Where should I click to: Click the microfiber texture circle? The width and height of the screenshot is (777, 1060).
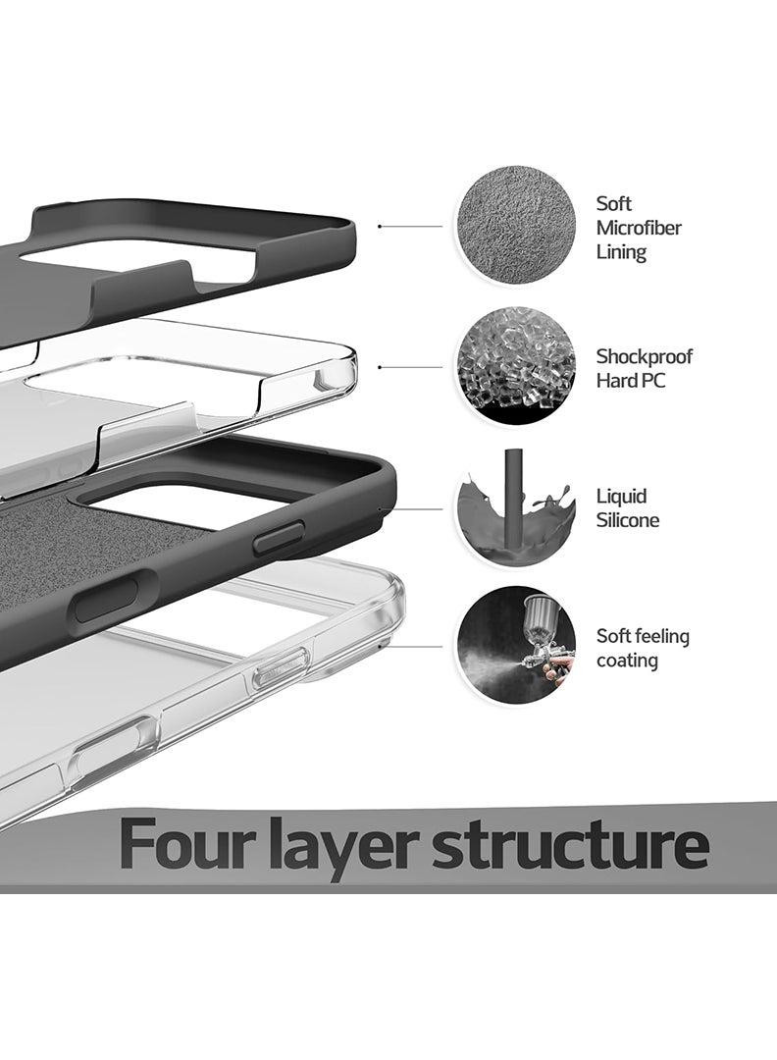(x=515, y=227)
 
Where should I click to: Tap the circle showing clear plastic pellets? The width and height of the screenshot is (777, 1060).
(x=515, y=367)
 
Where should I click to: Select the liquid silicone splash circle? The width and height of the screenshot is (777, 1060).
(x=515, y=507)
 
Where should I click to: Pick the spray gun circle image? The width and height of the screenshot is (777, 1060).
(x=515, y=646)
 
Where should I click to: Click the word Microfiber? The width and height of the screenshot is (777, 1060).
(x=639, y=228)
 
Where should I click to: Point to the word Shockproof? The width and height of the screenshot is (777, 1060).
(x=644, y=357)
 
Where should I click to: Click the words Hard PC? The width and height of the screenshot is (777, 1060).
(x=631, y=381)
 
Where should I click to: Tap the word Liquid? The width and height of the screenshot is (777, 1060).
(x=622, y=497)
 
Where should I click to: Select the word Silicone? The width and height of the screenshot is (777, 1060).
(x=628, y=520)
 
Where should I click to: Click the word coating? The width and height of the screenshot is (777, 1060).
(x=627, y=661)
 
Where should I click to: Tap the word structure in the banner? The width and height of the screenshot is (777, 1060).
(x=571, y=846)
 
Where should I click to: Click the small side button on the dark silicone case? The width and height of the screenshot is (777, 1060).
(x=279, y=538)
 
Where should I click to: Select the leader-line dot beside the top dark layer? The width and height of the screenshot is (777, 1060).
(x=379, y=227)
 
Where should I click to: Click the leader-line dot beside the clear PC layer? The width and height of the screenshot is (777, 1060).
(x=379, y=367)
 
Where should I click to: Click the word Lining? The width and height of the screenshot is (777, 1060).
(x=621, y=253)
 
